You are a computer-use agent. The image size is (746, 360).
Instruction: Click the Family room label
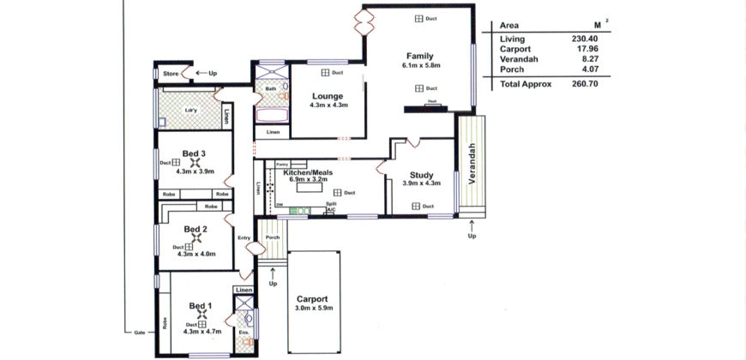[420, 56]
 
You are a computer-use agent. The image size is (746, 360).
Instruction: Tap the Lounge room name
[328, 96]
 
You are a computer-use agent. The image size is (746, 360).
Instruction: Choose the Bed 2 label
[196, 229]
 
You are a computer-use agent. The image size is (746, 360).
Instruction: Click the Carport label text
[313, 299]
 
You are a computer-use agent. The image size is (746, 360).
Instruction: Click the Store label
[171, 74]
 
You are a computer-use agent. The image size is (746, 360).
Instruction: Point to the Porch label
[273, 237]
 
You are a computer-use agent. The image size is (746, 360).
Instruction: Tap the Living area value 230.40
[584, 39]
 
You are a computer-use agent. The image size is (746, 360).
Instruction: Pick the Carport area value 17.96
[584, 49]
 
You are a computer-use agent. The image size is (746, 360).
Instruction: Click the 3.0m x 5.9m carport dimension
[313, 309]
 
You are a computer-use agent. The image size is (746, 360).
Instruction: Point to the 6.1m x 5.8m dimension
[420, 65]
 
